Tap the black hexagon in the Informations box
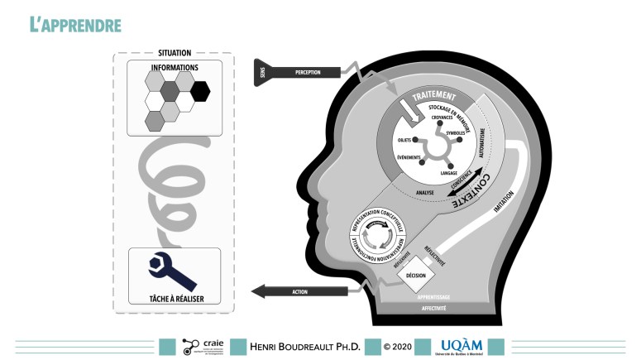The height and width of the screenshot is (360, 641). tap(200, 90)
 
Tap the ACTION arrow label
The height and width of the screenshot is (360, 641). tap(299, 290)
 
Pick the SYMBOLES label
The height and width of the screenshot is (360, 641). tap(456, 133)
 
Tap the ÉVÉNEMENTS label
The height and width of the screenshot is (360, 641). tap(409, 158)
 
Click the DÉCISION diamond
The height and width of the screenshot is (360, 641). tap(416, 275)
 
